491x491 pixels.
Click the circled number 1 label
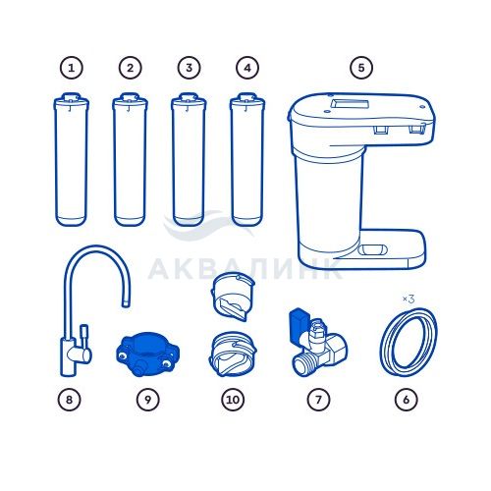(x=71, y=68)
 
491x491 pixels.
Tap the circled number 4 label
(x=247, y=68)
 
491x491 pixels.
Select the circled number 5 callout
(x=361, y=68)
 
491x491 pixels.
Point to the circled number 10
(x=233, y=400)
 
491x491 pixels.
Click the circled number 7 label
(x=318, y=400)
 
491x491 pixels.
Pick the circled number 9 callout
(x=147, y=400)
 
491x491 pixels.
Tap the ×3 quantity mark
(x=409, y=299)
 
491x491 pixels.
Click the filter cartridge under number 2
(x=130, y=160)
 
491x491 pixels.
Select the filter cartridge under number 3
(x=189, y=160)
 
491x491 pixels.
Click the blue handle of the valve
(x=298, y=322)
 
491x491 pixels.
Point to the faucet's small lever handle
(x=83, y=337)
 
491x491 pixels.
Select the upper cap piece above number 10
(x=233, y=298)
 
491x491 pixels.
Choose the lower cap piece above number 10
(x=233, y=355)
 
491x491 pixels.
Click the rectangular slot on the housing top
(x=350, y=104)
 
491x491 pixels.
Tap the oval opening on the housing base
(x=372, y=250)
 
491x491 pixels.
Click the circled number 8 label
(x=69, y=400)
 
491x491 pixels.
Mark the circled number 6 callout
(x=407, y=400)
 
